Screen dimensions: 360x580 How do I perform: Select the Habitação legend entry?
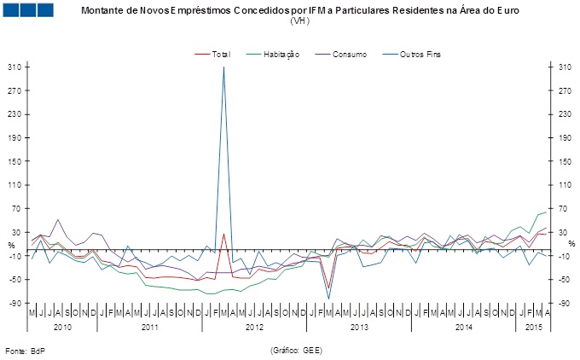click(x=281, y=54)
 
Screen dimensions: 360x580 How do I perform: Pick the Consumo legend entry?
click(x=350, y=54)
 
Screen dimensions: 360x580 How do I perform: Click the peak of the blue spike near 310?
click(x=223, y=67)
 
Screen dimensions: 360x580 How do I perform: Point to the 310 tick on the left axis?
click(x=14, y=67)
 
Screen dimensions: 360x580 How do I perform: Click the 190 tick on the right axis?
click(x=564, y=137)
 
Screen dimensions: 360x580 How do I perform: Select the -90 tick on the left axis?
click(x=14, y=303)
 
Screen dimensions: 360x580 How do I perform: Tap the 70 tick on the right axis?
click(x=564, y=208)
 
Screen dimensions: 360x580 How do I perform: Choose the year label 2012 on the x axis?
click(x=252, y=327)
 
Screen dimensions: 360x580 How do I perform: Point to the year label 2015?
click(x=534, y=327)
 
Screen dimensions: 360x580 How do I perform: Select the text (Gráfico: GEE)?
click(x=296, y=350)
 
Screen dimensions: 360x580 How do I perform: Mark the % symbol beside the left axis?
click(x=11, y=245)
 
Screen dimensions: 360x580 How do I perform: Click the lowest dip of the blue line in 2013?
click(x=329, y=298)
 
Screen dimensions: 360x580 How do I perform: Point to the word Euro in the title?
click(x=505, y=9)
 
